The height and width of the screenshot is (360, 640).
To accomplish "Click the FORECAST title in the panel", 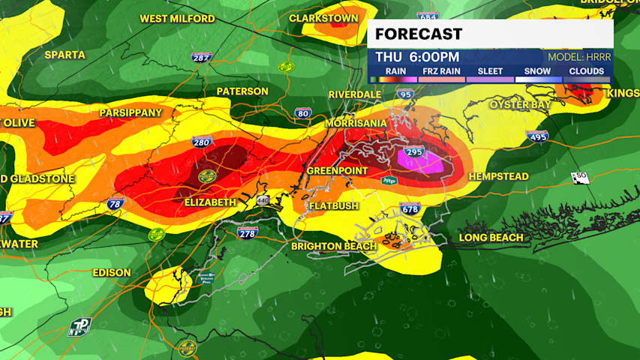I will coord(419,34).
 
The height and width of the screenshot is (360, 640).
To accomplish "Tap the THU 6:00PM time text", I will coord(417,57).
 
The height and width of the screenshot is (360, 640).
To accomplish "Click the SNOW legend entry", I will coord(536,72).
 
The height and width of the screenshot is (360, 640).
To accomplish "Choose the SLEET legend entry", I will coord(490,72).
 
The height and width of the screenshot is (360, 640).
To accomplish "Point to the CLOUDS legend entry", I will coord(585,72).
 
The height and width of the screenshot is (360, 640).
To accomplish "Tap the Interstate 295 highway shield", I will coord(415,152).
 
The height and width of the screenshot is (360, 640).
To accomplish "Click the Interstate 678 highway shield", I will coord(410,208).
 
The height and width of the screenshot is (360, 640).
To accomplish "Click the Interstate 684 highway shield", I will coord(428,16).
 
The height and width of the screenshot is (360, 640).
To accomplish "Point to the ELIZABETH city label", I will coord(210,202).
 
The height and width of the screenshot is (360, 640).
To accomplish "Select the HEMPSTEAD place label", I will coord(498,176).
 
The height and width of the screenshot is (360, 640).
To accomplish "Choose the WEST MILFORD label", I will coord(177,19).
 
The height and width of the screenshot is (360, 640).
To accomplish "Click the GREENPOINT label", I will coord(337,171).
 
